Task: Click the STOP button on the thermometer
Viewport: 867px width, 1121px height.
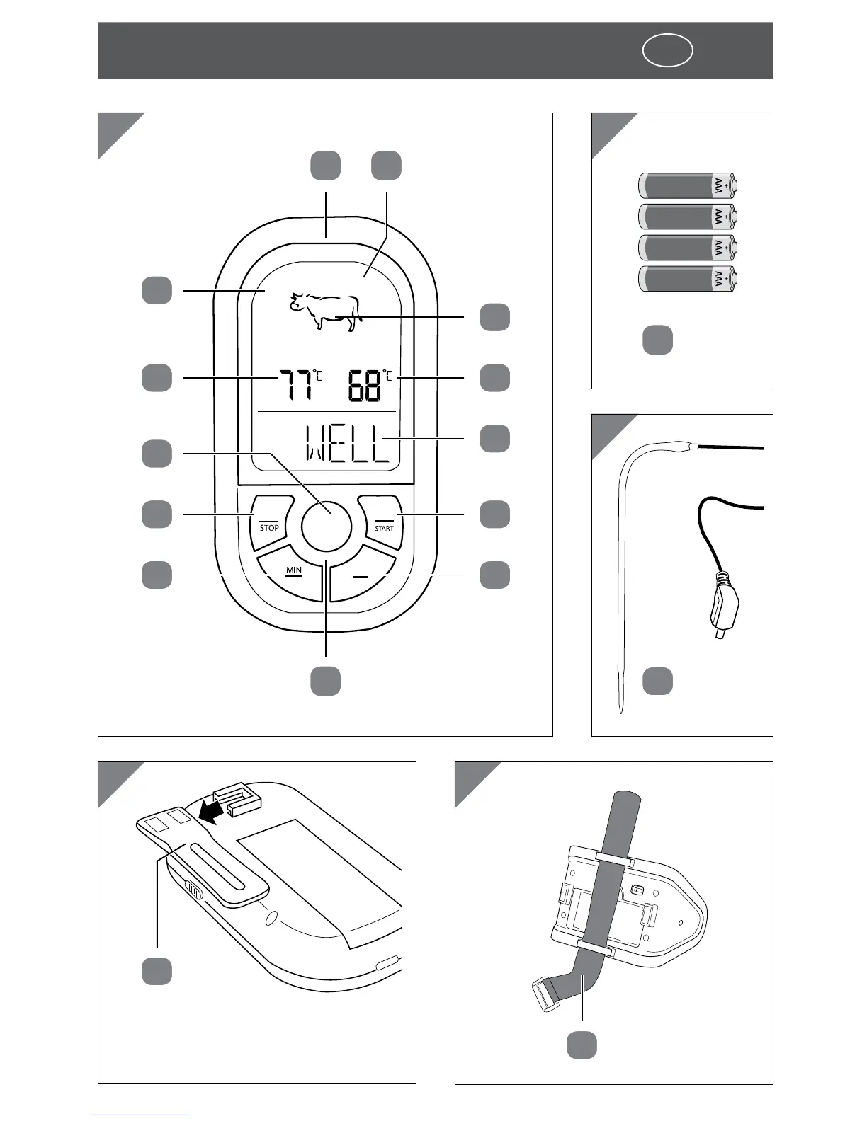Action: click(271, 522)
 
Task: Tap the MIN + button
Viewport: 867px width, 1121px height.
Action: click(293, 575)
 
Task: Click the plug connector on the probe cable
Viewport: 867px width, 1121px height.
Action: click(722, 609)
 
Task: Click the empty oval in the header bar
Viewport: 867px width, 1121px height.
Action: click(667, 51)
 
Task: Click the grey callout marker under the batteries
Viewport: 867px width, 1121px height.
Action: click(657, 340)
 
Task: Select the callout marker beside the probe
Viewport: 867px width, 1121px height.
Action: click(657, 680)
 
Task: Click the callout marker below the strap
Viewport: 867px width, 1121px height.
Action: click(582, 1045)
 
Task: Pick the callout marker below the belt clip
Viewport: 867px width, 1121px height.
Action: click(157, 970)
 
